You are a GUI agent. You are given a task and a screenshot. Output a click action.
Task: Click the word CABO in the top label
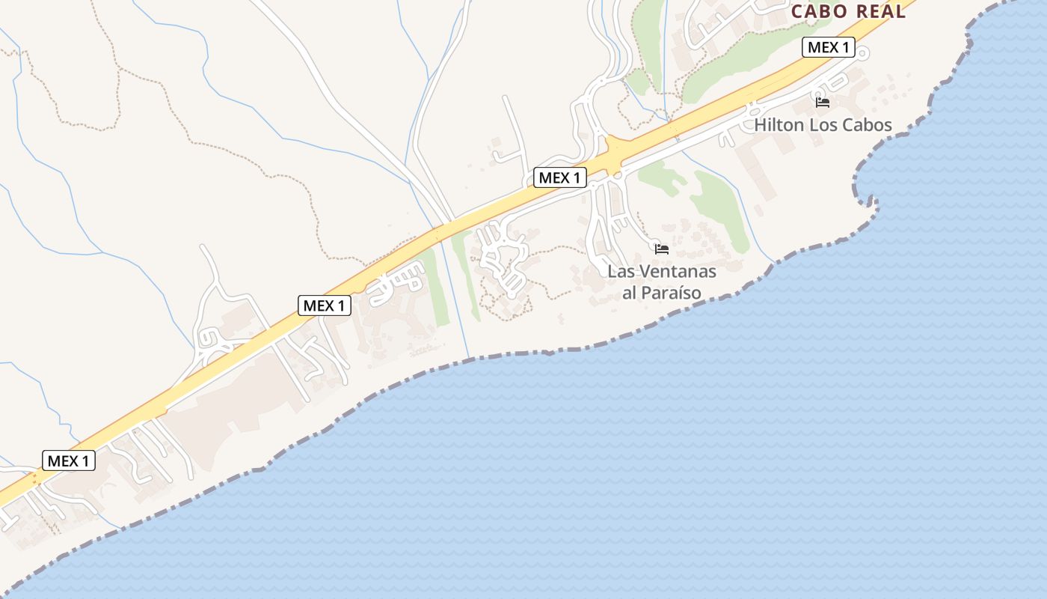819,11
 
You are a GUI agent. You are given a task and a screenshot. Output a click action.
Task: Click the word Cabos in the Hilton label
868,124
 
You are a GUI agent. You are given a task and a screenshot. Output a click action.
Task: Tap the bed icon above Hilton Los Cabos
823,103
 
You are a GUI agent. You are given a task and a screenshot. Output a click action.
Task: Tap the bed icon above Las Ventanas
661,249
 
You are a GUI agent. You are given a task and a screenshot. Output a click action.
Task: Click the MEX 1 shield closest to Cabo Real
828,47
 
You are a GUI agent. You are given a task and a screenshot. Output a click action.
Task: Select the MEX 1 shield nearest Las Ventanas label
559,177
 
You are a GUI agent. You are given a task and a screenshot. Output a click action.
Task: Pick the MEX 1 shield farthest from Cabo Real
68,460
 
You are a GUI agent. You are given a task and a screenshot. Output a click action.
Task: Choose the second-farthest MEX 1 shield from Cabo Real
325,305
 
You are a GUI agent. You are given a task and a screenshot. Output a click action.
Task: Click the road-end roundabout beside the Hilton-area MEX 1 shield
862,52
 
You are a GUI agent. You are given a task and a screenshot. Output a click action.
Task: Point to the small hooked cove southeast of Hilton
868,198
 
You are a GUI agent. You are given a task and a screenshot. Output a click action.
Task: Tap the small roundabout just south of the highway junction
618,175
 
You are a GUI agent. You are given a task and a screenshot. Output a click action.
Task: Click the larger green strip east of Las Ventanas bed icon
722,210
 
